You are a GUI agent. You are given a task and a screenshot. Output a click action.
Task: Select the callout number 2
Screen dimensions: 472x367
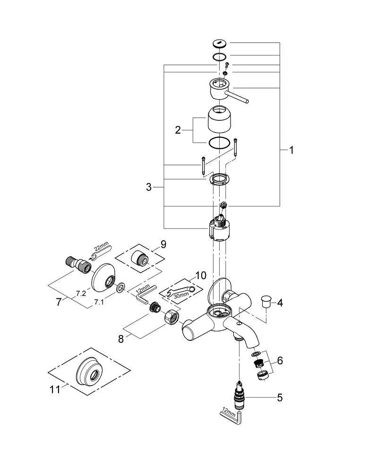point(178,130)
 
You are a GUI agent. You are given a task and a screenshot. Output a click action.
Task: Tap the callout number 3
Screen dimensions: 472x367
point(149,187)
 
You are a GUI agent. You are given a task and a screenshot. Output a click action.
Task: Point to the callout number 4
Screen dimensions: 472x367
point(280,303)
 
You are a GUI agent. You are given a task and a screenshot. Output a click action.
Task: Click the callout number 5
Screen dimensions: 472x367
point(280,397)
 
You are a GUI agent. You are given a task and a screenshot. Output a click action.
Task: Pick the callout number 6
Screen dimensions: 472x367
point(280,361)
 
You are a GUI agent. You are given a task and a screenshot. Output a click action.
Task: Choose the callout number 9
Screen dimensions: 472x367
point(163,244)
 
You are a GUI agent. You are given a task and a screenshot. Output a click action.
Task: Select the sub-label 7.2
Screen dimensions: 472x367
point(81,293)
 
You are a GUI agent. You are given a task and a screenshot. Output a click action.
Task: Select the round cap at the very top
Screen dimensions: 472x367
point(220,44)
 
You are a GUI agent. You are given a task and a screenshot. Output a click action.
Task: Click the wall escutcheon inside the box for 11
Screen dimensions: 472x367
point(88,372)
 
